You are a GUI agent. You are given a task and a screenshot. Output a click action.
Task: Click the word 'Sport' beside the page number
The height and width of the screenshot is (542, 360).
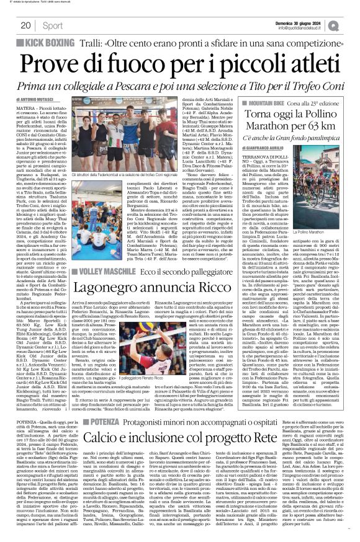[53, 26]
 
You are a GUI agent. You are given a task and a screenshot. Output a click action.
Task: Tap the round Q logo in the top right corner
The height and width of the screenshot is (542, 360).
[353, 25]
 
